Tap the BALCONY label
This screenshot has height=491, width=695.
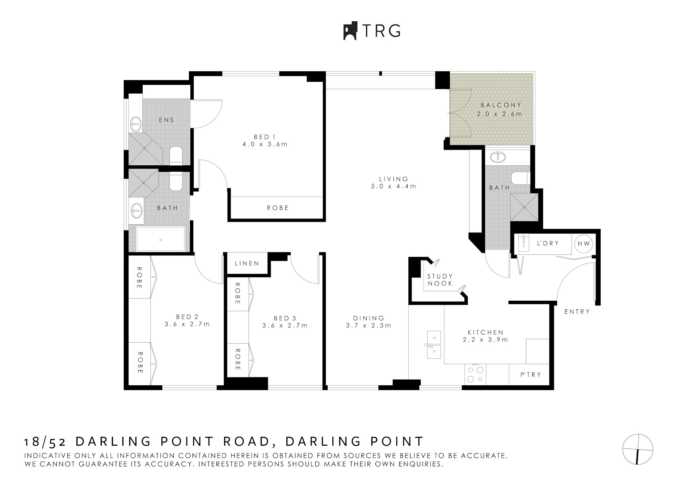point(501,105)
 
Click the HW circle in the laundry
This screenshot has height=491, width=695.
point(584,244)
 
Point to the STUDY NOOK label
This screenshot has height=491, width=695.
point(440,280)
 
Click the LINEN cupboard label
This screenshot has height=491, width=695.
point(247,263)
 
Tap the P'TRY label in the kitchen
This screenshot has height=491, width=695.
point(531,375)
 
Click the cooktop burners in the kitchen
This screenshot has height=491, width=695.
point(475,374)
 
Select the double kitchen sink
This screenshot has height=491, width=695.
point(433,344)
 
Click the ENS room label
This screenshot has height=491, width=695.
point(166,120)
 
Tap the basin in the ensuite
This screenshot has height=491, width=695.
point(135,124)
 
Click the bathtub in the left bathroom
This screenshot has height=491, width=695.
point(161,239)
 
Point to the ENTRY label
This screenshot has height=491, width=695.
point(577,312)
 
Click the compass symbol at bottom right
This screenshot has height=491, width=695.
point(637,449)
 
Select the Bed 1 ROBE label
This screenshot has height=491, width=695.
point(278,208)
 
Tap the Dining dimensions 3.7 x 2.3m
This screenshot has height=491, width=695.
point(368,325)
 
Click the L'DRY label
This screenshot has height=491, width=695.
point(548,244)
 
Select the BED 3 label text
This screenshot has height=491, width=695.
point(285,318)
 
